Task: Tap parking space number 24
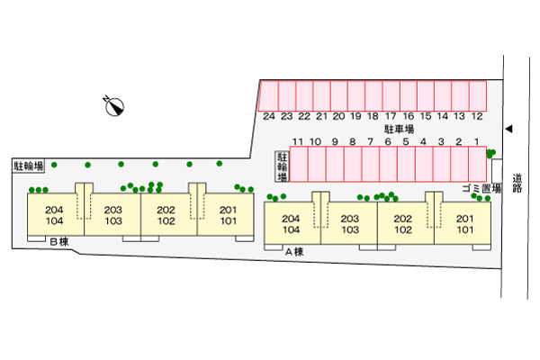(x=268, y=95)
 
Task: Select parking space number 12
(x=478, y=95)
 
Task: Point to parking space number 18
(x=373, y=95)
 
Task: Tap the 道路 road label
(x=517, y=183)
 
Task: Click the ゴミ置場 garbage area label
(x=481, y=188)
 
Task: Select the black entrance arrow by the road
(x=508, y=130)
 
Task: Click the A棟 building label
(x=294, y=252)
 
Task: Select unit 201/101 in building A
(x=464, y=224)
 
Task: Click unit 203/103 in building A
(x=349, y=224)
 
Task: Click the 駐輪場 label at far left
(x=29, y=166)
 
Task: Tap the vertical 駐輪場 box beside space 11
(x=281, y=166)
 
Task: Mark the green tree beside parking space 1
(x=490, y=154)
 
